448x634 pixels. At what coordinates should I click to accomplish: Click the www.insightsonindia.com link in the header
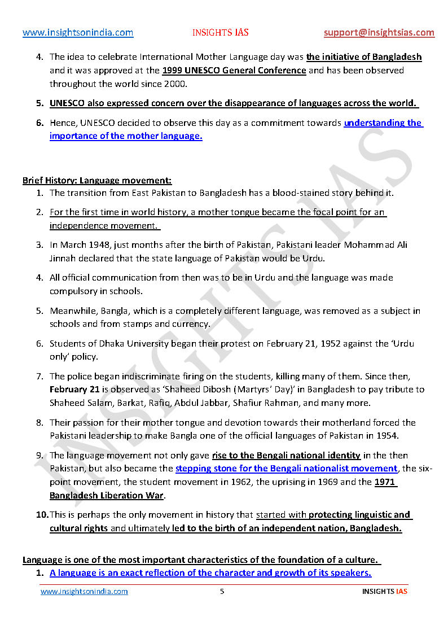point(78,33)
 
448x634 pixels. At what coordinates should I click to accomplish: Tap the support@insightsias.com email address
point(379,33)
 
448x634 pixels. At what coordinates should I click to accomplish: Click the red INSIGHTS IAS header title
point(219,33)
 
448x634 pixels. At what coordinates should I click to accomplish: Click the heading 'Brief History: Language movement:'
point(97,181)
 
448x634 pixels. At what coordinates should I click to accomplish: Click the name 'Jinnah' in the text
point(64,259)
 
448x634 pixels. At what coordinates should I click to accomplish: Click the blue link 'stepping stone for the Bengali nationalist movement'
point(286,469)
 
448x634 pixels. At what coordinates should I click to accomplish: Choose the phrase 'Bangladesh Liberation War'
point(107,495)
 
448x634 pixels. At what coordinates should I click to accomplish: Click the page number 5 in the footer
point(222,592)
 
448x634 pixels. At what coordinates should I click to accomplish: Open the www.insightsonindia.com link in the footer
point(84,592)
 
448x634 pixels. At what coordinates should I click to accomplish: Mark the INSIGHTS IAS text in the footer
point(384,592)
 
